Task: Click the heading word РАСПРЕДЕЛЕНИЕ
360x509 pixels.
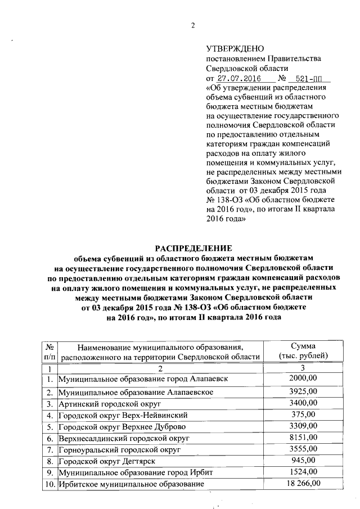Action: click(193, 248)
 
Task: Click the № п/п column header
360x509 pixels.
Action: click(49, 351)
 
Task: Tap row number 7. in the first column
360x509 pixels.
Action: click(49, 450)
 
